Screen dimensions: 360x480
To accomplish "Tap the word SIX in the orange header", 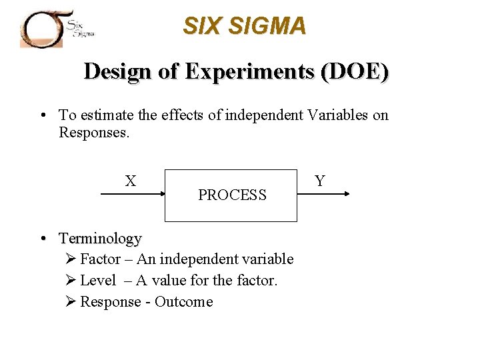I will click(x=201, y=26).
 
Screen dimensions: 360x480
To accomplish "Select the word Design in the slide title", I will click(x=118, y=71).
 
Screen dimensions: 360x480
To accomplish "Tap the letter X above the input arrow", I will click(x=131, y=181).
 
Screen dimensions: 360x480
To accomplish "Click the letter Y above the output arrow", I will click(x=320, y=181).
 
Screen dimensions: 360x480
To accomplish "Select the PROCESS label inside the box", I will click(x=232, y=195).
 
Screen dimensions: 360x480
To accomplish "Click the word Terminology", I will click(x=101, y=238).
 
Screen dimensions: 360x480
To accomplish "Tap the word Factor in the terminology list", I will click(x=100, y=259).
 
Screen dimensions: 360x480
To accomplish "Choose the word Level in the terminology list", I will click(x=98, y=281).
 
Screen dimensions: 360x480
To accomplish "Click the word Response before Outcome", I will click(x=111, y=302).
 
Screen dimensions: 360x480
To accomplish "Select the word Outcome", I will click(x=183, y=302).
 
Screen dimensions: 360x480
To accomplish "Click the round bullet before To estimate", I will click(x=42, y=115).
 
